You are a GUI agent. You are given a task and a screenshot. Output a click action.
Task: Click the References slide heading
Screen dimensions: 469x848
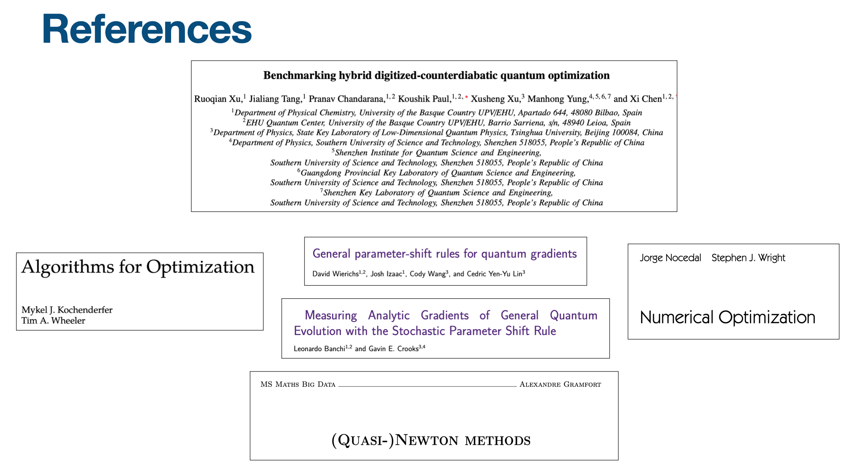point(147,29)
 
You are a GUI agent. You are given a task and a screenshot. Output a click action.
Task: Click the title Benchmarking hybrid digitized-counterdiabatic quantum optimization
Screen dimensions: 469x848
point(436,75)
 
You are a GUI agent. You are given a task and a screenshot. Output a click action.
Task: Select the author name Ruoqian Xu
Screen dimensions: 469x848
point(217,99)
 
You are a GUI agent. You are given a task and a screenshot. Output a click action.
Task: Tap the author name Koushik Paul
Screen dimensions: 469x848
point(424,99)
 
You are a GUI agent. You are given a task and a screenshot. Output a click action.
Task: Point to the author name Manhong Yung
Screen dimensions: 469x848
point(557,99)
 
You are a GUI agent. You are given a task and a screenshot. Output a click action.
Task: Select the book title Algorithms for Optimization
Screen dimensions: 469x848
point(138,267)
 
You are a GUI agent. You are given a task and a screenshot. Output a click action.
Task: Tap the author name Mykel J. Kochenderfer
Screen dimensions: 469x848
point(67,310)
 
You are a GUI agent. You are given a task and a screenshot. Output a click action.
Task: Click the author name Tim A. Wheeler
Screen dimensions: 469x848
point(53,321)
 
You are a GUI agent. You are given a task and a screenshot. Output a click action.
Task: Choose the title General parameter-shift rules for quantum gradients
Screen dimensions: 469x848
point(444,253)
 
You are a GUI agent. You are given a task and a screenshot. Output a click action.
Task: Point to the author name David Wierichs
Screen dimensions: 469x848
point(335,274)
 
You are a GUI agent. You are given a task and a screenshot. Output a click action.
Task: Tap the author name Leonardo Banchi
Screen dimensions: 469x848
point(319,349)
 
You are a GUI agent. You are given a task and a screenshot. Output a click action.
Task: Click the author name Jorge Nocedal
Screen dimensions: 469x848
point(670,258)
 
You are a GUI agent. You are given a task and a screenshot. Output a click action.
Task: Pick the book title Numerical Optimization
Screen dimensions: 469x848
point(727,317)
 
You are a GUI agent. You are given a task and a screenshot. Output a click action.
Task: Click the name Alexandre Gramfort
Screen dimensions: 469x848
point(560,384)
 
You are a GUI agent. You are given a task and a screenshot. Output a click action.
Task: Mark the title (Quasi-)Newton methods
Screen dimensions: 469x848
point(431,440)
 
